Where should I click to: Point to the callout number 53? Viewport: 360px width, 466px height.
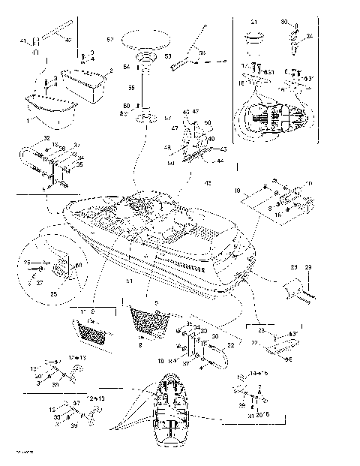(x=166, y=57)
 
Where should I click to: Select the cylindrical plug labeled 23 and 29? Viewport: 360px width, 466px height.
(x=294, y=290)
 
